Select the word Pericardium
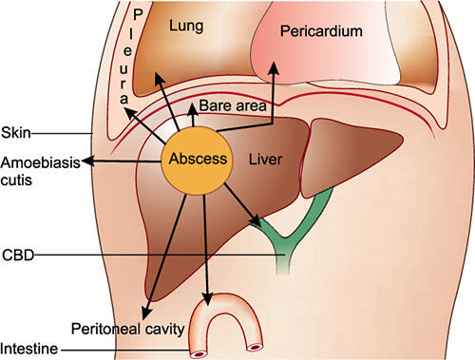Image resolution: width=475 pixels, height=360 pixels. tap(321, 31)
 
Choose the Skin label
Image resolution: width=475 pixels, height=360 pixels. tap(16, 131)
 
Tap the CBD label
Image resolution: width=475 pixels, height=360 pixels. tap(17, 255)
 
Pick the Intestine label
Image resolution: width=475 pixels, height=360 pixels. tap(28, 351)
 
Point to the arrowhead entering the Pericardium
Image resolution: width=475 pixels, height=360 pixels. tap(274, 67)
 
